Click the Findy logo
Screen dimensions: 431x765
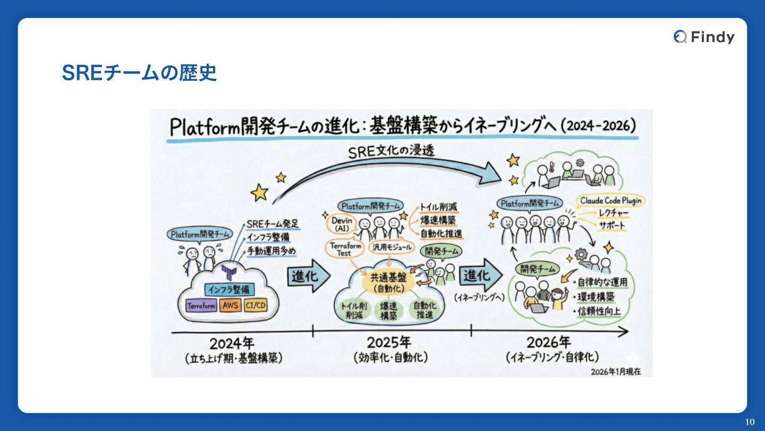point(704,37)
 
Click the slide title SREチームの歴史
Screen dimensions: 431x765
point(139,73)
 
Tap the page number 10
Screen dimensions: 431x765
point(750,422)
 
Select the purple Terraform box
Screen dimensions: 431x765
point(201,306)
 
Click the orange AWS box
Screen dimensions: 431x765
point(230,306)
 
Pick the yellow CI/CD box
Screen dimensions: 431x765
point(256,306)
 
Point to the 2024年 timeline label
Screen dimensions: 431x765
point(232,343)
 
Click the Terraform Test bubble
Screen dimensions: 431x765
point(345,249)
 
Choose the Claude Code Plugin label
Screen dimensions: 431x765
point(610,201)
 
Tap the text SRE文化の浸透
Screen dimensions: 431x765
point(391,151)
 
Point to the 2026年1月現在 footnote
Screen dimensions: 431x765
point(615,371)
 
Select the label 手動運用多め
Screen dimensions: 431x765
point(271,251)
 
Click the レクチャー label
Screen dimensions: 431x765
point(614,213)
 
